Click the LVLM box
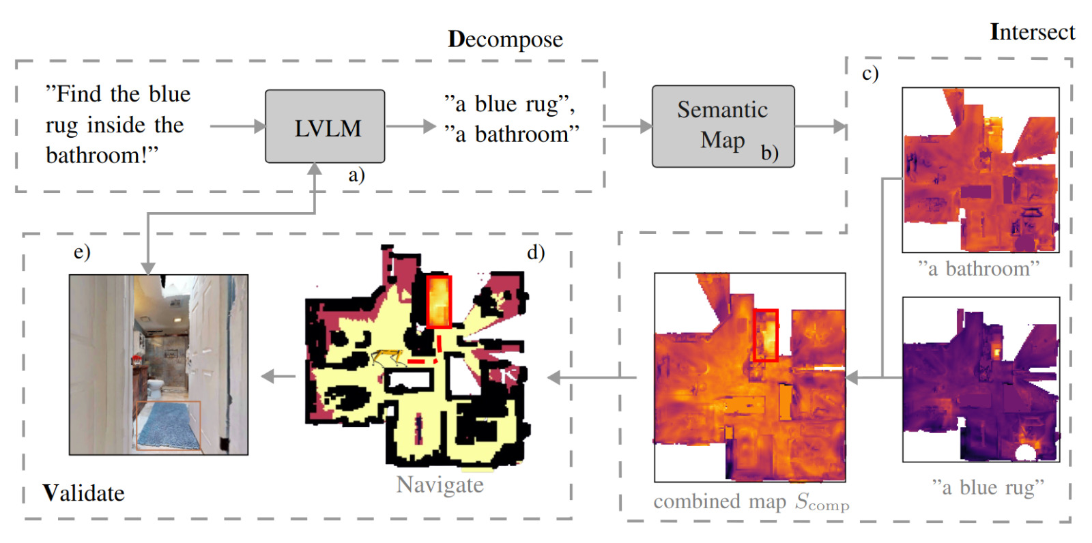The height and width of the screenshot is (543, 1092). pyautogui.click(x=325, y=127)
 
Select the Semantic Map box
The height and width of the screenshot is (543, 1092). pyautogui.click(x=722, y=126)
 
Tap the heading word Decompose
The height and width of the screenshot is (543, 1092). pyautogui.click(x=505, y=40)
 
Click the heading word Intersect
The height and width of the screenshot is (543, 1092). pyautogui.click(x=1032, y=32)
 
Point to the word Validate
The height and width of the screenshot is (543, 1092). pyautogui.click(x=83, y=493)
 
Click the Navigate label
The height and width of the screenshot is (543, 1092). pyautogui.click(x=440, y=485)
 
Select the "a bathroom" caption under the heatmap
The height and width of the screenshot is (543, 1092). pyautogui.click(x=978, y=269)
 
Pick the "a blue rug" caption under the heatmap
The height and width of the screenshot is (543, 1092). pyautogui.click(x=988, y=487)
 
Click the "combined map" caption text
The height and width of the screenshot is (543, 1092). pyautogui.click(x=719, y=502)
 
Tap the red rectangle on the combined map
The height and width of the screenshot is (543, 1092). pyautogui.click(x=765, y=335)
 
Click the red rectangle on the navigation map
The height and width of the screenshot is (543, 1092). pyautogui.click(x=438, y=301)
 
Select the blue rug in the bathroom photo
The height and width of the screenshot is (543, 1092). pyautogui.click(x=167, y=425)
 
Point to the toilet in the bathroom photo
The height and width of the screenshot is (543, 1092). pyautogui.click(x=156, y=389)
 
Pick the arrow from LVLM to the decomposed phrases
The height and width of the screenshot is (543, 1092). pyautogui.click(x=410, y=126)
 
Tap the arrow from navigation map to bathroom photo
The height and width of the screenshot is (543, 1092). pyautogui.click(x=278, y=376)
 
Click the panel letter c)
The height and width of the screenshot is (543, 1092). pyautogui.click(x=870, y=73)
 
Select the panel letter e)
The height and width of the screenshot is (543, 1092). pyautogui.click(x=82, y=252)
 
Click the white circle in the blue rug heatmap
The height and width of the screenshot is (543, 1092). pyautogui.click(x=1024, y=453)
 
